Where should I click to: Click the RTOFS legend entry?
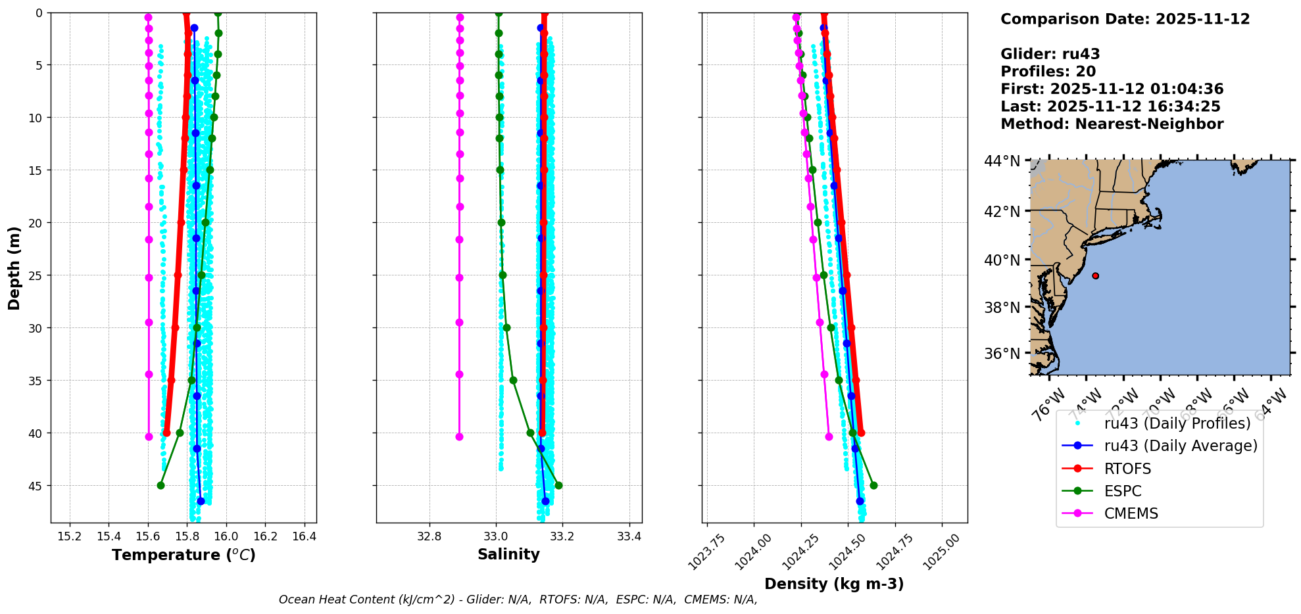(1127, 469)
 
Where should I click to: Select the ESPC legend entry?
(1122, 491)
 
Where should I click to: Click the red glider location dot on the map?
(1095, 276)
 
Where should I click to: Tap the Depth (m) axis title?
(14, 268)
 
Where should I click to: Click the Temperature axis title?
(184, 555)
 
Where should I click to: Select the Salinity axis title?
(508, 555)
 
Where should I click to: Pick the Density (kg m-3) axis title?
(834, 584)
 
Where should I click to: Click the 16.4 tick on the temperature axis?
(304, 536)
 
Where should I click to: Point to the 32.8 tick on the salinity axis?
(430, 536)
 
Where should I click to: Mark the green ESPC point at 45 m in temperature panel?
(160, 486)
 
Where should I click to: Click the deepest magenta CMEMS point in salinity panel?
(459, 437)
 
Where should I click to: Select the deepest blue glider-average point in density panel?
(860, 501)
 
